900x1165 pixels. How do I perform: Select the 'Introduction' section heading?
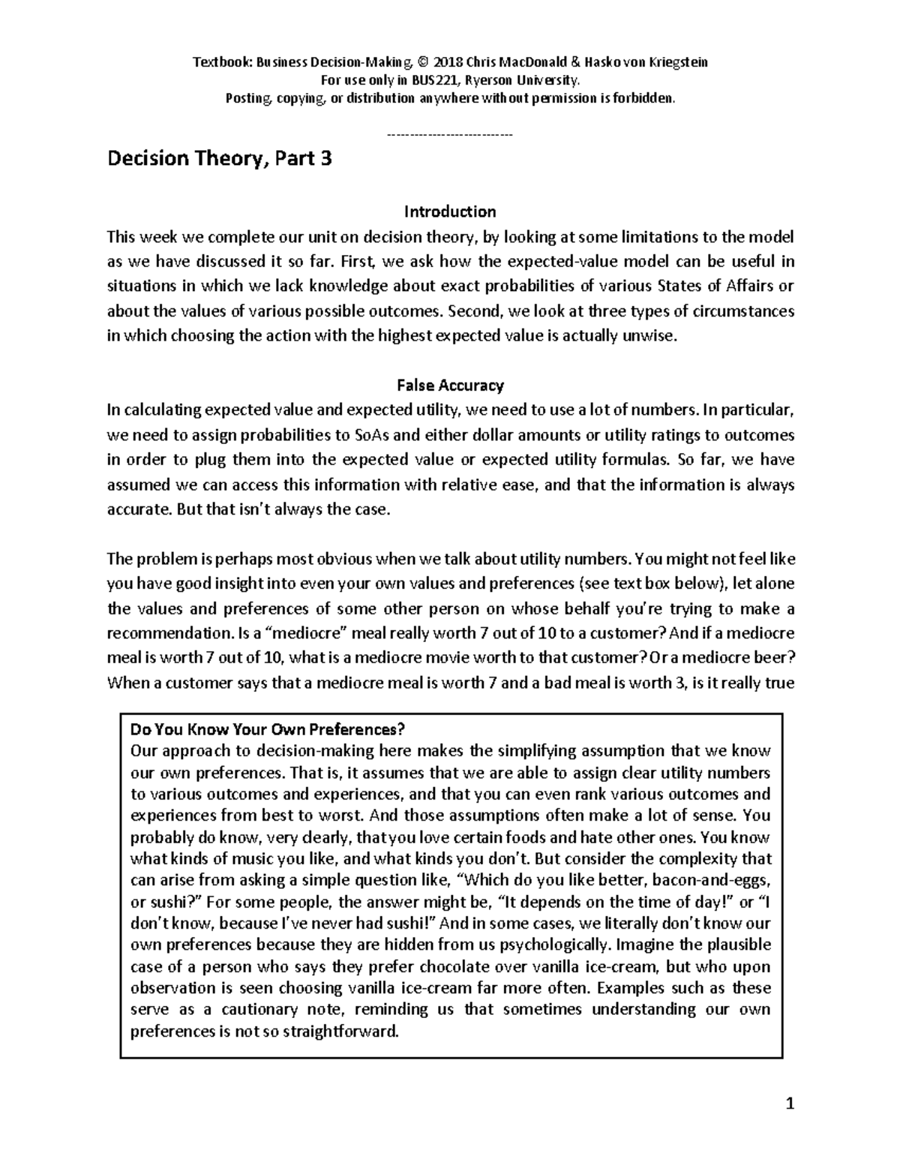(x=450, y=212)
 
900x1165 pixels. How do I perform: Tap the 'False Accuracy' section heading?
(x=450, y=386)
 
